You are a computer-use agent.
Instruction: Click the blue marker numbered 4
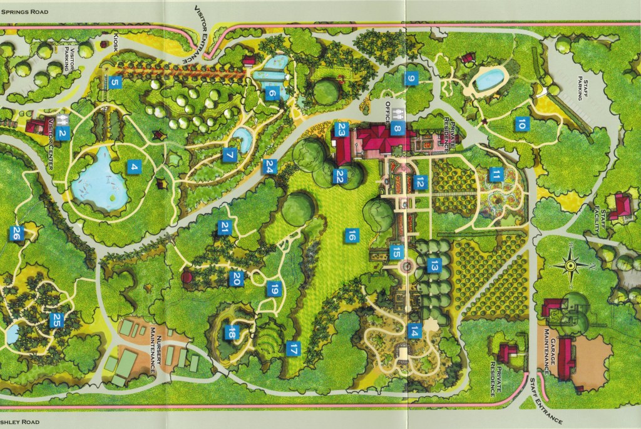pos(133,167)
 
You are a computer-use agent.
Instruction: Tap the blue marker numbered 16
pos(352,235)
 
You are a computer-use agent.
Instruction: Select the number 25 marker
pos(56,320)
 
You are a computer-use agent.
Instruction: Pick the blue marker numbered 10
pos(521,124)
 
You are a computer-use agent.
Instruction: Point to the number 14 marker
pos(414,331)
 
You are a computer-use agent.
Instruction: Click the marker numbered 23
pos(341,130)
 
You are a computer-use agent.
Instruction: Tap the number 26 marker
pos(16,234)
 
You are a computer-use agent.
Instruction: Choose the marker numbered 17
pos(292,349)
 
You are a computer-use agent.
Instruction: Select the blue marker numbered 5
pos(114,81)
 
